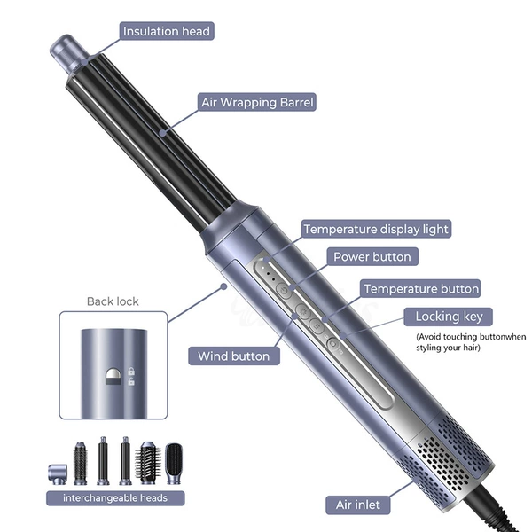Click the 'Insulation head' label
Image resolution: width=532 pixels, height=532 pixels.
click(167, 31)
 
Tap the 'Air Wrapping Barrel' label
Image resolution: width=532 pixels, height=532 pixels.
click(257, 102)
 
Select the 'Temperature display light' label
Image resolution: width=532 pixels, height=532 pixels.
click(376, 229)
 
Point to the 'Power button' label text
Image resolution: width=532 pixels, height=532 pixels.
click(372, 257)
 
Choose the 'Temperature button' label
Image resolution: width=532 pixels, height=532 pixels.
click(420, 289)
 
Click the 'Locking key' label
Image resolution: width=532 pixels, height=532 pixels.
click(448, 317)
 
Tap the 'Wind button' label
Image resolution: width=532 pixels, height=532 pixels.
click(234, 356)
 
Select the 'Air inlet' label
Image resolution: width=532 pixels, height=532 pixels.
click(358, 505)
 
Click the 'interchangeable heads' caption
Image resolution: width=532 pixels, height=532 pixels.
click(115, 498)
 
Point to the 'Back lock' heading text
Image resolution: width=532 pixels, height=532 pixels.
click(113, 301)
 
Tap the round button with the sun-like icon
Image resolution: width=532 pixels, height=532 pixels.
click(302, 310)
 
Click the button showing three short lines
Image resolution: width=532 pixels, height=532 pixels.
click(317, 326)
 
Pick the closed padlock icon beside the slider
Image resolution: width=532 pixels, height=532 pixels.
click(131, 372)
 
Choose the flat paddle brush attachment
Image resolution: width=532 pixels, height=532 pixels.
click(174, 463)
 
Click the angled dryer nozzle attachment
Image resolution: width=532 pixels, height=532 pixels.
click(58, 474)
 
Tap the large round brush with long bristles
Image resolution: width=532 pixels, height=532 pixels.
click(148, 463)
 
